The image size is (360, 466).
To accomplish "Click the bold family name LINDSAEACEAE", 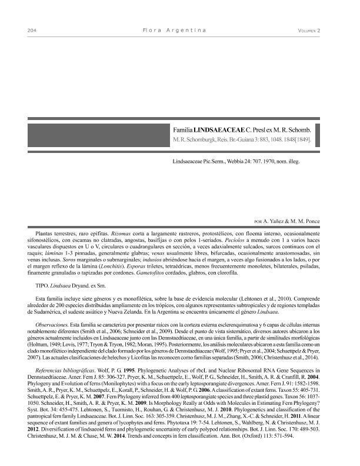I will (x=218, y=128).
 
